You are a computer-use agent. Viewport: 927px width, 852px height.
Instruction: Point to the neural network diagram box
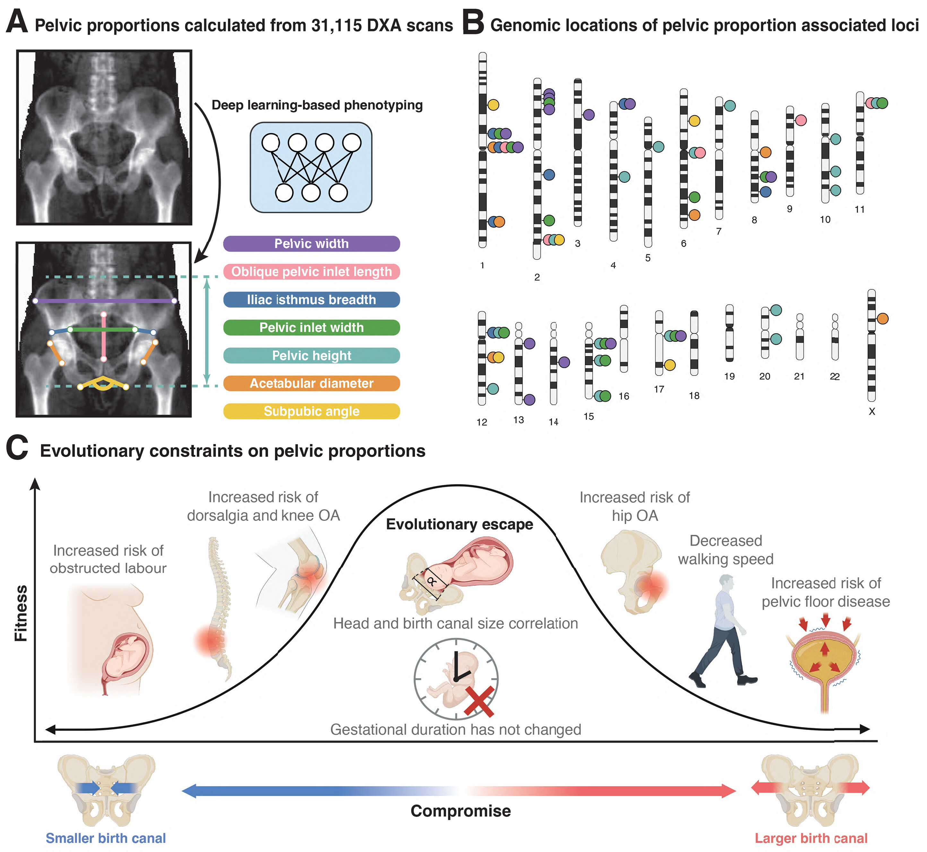(x=311, y=167)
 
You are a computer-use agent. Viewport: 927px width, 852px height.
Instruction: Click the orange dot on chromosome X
(x=882, y=318)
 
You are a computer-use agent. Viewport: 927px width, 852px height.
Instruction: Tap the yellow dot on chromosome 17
(x=670, y=365)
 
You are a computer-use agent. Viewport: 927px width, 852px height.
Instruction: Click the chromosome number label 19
(x=729, y=376)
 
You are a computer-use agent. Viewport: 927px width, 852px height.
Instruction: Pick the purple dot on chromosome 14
(x=564, y=362)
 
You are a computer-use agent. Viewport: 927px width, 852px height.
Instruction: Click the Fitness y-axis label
(x=21, y=613)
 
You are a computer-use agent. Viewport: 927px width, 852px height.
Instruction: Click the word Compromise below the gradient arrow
(x=461, y=811)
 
